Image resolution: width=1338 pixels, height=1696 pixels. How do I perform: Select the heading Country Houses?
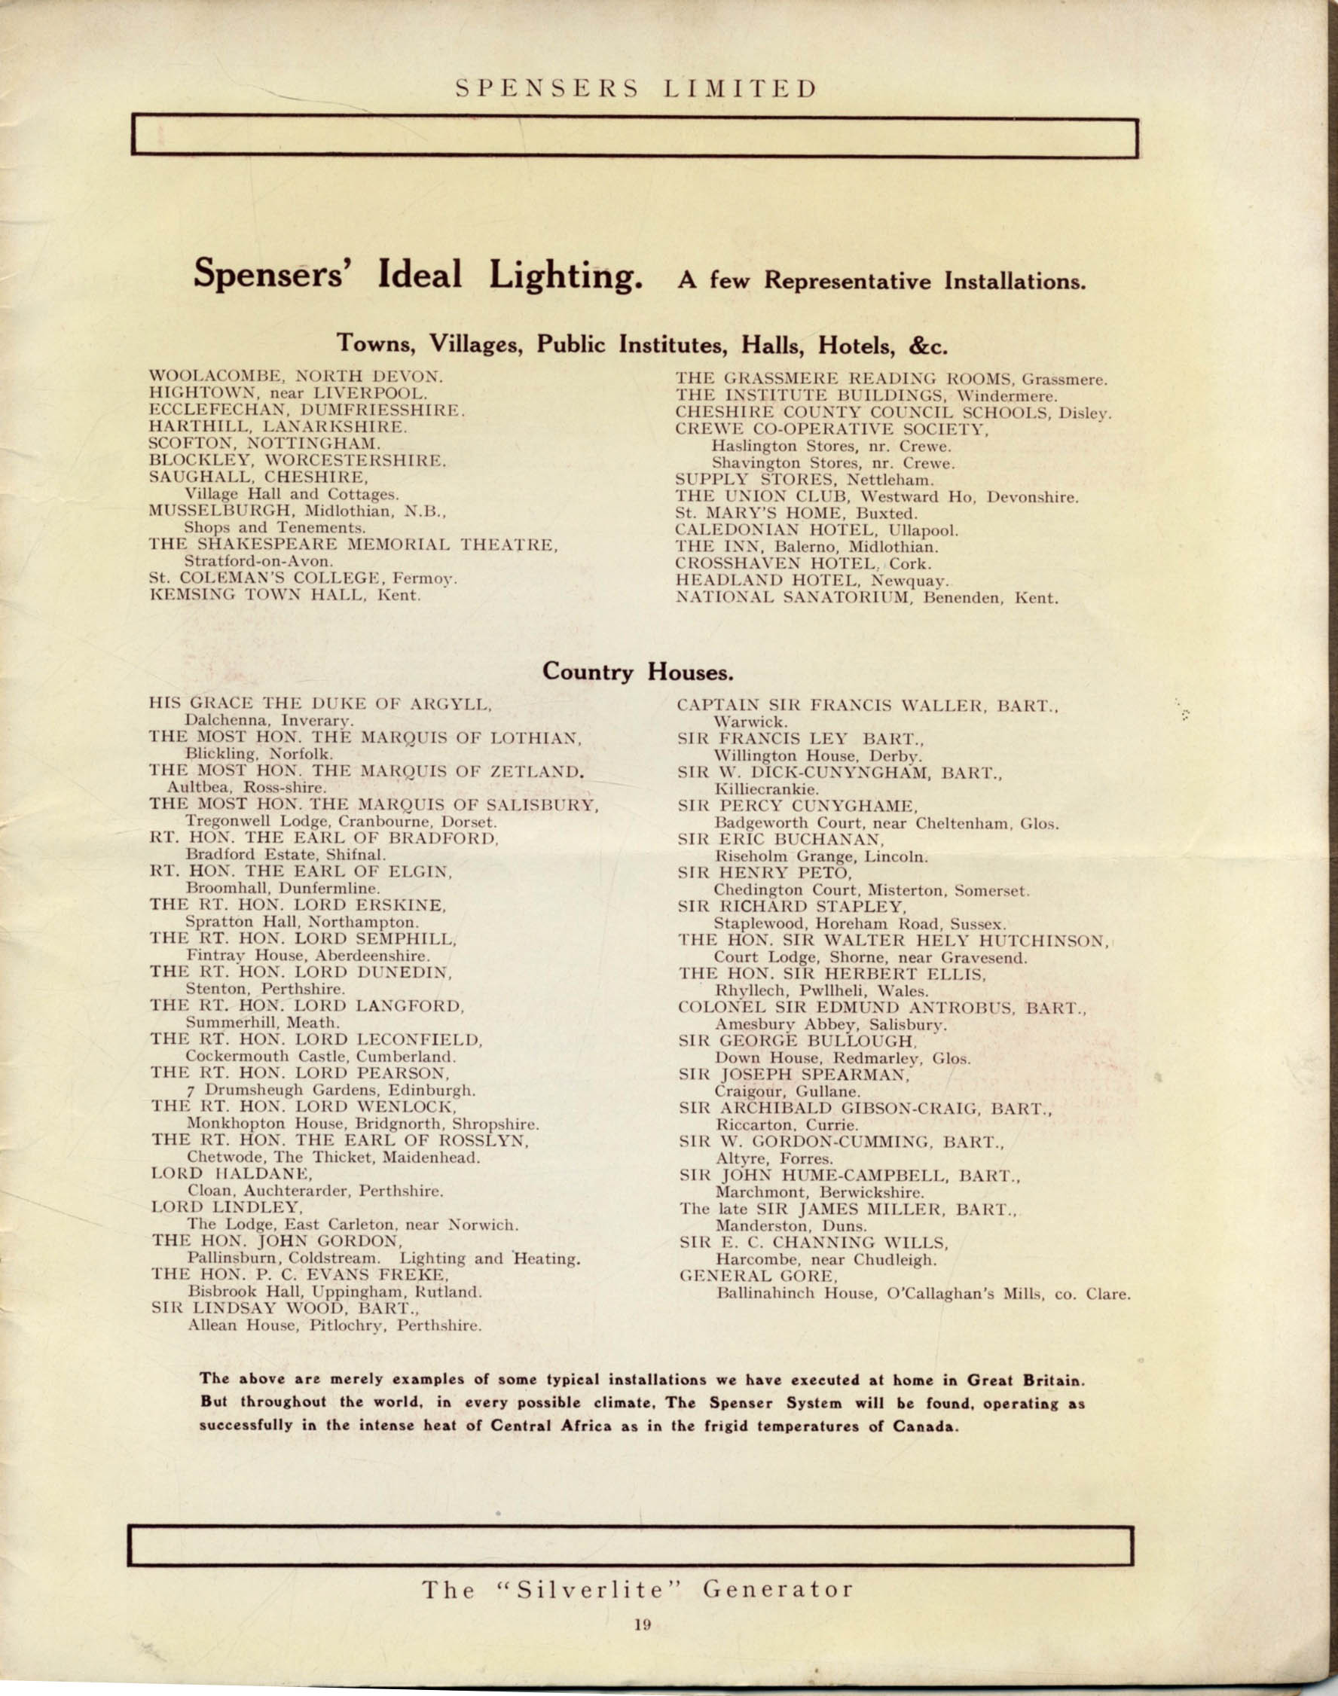pyautogui.click(x=637, y=672)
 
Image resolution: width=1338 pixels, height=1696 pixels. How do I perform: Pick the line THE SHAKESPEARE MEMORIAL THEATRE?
pyautogui.click(x=353, y=545)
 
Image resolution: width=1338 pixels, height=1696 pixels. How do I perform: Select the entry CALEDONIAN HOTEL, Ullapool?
pyautogui.click(x=816, y=530)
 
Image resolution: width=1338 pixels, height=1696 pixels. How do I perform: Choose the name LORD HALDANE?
pyautogui.click(x=231, y=1174)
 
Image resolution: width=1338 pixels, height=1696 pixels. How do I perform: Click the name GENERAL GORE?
pyautogui.click(x=757, y=1276)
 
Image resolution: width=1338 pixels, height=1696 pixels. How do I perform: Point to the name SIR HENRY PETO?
pyautogui.click(x=765, y=872)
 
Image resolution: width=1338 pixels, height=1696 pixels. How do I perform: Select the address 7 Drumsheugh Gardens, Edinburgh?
pyautogui.click(x=331, y=1090)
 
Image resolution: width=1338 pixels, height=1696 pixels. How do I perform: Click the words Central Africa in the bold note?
pyautogui.click(x=550, y=1426)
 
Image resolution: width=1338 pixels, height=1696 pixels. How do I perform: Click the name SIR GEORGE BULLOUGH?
pyautogui.click(x=796, y=1041)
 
